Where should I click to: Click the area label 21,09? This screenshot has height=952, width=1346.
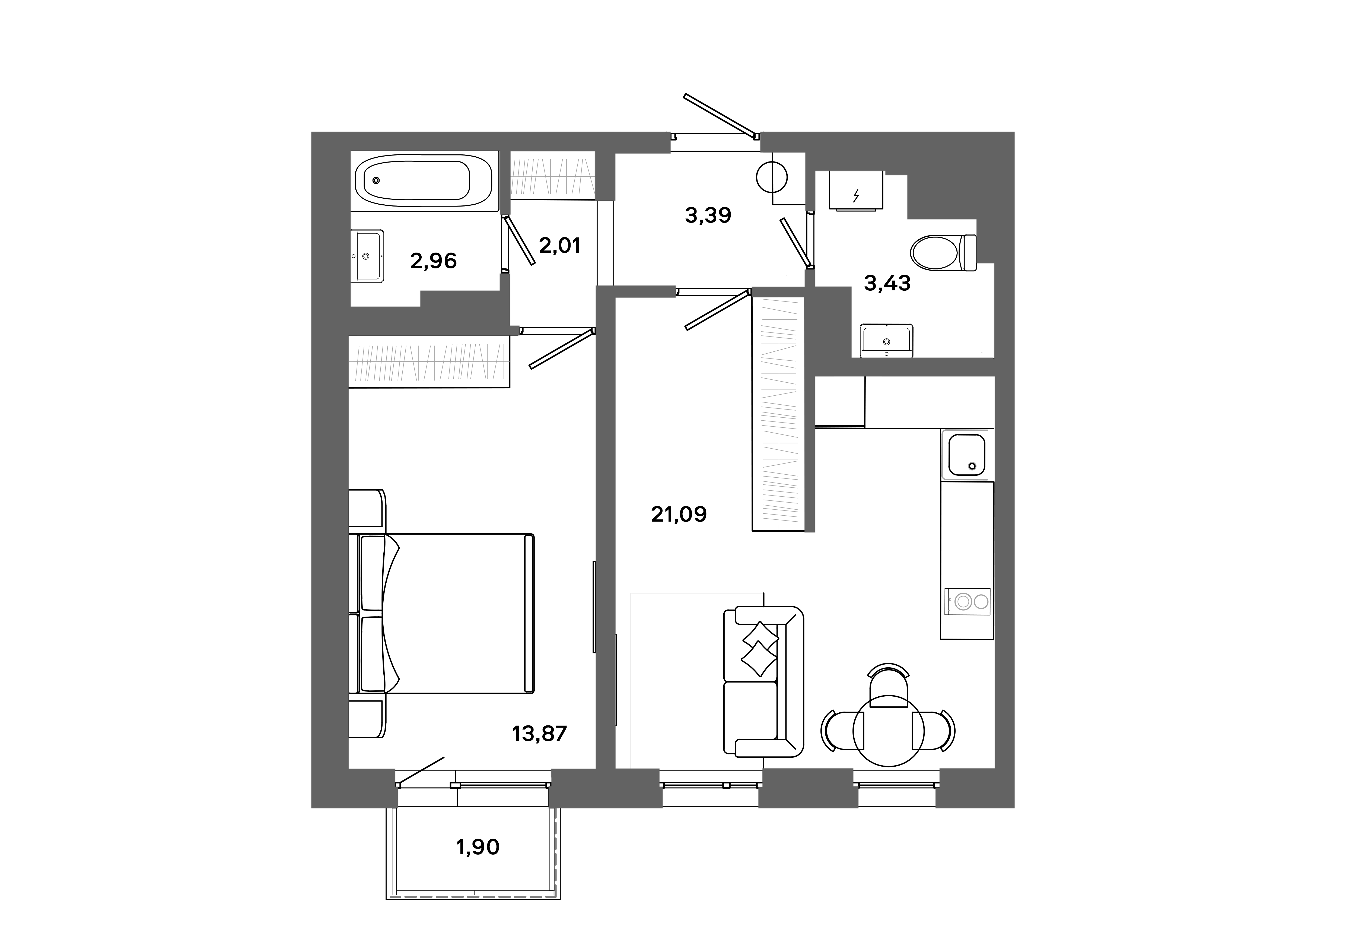[x=679, y=515]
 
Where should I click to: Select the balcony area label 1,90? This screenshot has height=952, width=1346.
[x=478, y=847]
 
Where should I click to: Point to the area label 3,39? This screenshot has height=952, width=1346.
[x=708, y=216]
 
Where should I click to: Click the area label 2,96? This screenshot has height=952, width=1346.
[x=433, y=261]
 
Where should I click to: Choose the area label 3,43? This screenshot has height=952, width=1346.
[x=887, y=284]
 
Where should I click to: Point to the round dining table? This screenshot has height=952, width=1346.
[x=888, y=731]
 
